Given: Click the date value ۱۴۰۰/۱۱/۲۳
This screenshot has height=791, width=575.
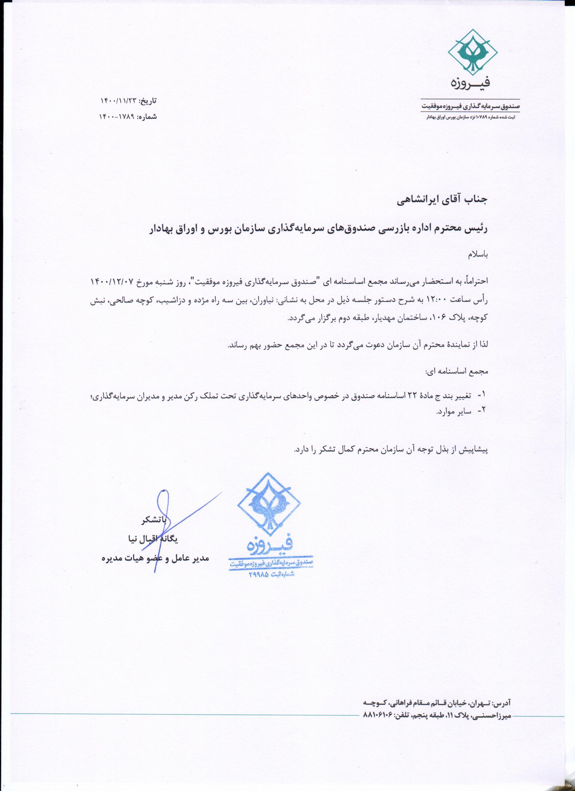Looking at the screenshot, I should coord(117,101).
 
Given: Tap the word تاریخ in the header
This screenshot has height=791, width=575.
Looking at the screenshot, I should coord(148,101).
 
